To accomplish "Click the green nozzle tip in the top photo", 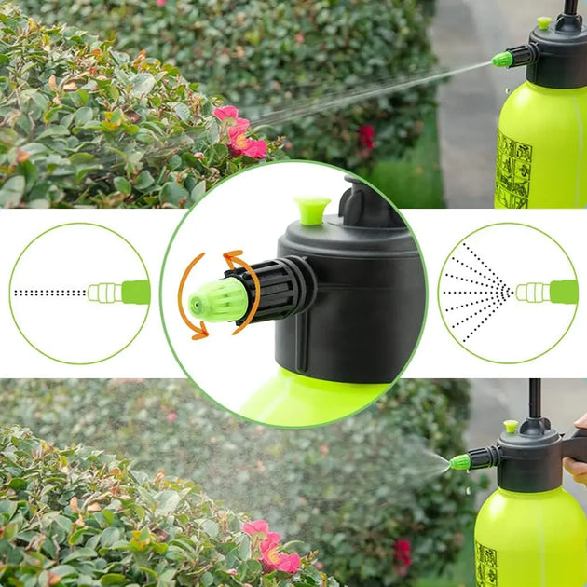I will pos(502,60).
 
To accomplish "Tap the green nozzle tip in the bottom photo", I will pos(459,461).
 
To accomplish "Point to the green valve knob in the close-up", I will pos(313,210).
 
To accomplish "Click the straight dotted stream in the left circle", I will pos(49,293).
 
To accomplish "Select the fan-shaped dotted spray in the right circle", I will pos(476,293).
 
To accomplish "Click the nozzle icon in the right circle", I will pos(546,293).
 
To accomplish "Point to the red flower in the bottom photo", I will pos(270,548).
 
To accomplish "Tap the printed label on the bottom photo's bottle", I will pos(485,564).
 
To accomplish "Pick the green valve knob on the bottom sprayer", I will pos(511,427).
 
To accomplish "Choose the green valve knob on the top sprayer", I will pos(544,22).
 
